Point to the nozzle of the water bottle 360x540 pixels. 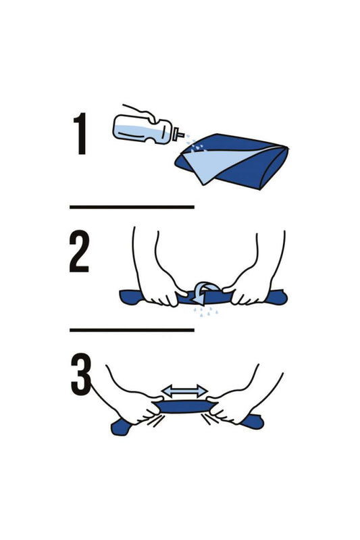click(x=179, y=135)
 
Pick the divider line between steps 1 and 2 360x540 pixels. click(x=132, y=206)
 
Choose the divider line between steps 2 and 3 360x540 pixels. click(x=132, y=330)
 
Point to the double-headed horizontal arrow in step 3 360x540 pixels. click(x=184, y=391)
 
